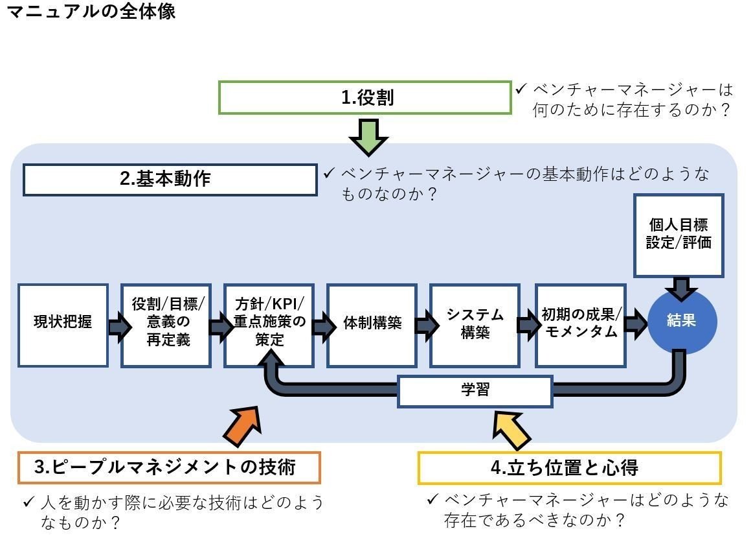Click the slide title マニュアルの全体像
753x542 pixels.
[x=91, y=11]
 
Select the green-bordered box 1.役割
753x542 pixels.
[x=365, y=98]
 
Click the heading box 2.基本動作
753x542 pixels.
[x=170, y=180]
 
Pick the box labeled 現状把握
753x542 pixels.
[x=63, y=325]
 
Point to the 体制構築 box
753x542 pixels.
[x=372, y=325]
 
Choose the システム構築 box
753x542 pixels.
[x=475, y=325]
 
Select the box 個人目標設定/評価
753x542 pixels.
[x=679, y=235]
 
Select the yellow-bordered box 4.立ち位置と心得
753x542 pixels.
[x=569, y=468]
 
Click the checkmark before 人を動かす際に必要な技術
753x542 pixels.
[x=28, y=502]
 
